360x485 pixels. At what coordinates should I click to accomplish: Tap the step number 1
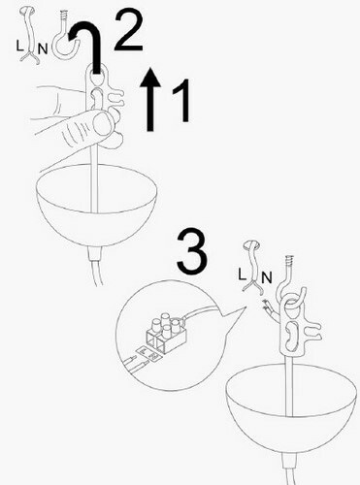[182, 101]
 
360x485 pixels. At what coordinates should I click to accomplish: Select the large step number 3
[191, 251]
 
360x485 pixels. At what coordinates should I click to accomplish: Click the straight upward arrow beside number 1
[149, 99]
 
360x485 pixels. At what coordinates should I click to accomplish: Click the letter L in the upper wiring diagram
[19, 47]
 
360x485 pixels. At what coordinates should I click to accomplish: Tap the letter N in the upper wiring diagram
[43, 49]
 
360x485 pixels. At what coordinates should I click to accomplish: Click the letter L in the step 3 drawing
[243, 275]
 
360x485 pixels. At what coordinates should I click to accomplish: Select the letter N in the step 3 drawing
[267, 277]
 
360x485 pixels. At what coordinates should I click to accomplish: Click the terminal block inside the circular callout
[166, 333]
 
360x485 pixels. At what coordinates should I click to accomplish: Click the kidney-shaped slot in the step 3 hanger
[290, 336]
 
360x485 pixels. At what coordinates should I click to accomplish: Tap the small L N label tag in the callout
[149, 353]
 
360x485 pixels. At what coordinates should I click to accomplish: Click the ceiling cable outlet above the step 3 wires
[251, 244]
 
